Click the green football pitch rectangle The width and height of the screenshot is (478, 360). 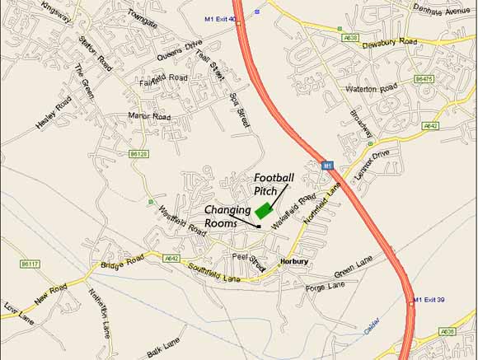pyautogui.click(x=264, y=210)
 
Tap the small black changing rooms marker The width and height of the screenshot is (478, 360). pyautogui.click(x=259, y=226)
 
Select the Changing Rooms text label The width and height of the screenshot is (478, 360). pyautogui.click(x=227, y=217)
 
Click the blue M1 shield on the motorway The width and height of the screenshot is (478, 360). pyautogui.click(x=328, y=165)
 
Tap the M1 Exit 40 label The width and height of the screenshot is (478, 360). pyautogui.click(x=220, y=17)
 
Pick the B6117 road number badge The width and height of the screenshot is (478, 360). pyautogui.click(x=30, y=264)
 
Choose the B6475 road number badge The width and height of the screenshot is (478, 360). pyautogui.click(x=424, y=79)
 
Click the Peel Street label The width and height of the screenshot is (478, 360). pyautogui.click(x=248, y=261)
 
